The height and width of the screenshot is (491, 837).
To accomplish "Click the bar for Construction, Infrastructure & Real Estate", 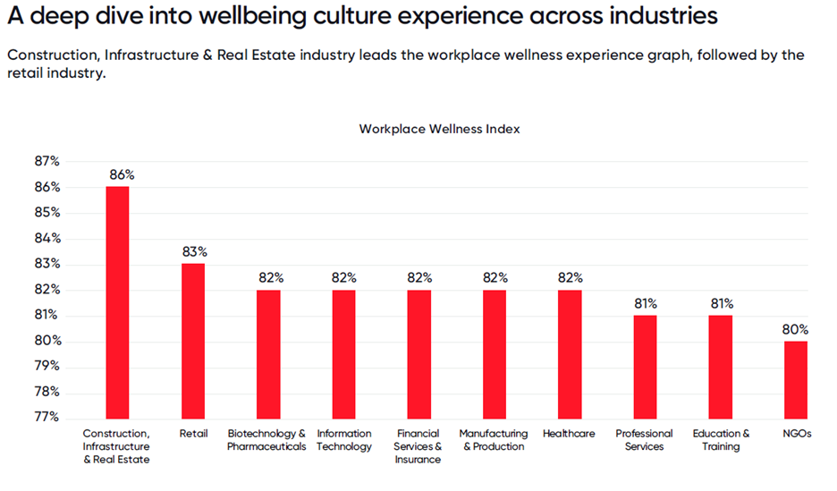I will coord(117,301).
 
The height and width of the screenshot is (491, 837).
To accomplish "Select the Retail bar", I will coord(192,340).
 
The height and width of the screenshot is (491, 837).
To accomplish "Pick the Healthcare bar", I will coord(569,353).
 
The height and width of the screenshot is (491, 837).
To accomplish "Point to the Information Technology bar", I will coord(343,353).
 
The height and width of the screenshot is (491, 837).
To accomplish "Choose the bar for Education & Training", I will coord(720,366).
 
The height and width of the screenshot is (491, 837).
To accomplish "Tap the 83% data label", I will coord(195,252).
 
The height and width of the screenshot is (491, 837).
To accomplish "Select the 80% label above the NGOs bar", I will coord(796,329).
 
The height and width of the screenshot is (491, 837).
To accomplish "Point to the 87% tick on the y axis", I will coord(46,162).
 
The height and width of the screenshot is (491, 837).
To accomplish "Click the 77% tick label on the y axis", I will coord(46,417).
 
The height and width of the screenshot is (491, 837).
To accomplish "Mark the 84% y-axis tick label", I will coord(46,239).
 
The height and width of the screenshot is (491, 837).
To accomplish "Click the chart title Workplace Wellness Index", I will coord(439,129).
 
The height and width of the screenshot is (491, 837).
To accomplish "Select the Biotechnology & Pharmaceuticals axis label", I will coord(266,440).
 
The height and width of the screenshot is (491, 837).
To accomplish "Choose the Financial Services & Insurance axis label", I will coord(418,446).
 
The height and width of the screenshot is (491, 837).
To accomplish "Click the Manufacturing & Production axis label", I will coord(494,440).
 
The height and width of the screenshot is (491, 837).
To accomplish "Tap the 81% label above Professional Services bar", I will coord(646,303).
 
